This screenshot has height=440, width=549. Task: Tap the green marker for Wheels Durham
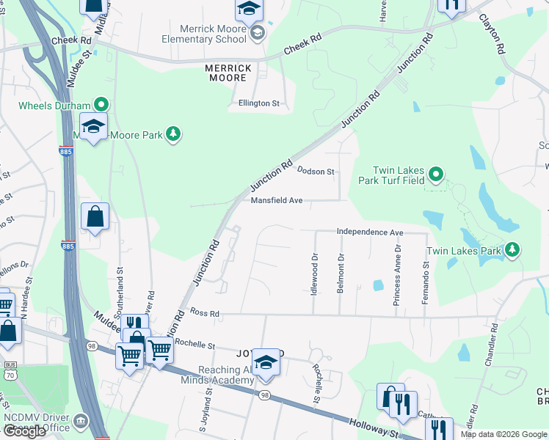click(x=101, y=105)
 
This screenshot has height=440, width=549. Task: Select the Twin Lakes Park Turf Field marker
click(x=435, y=174)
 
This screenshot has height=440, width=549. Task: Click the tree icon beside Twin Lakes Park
click(x=512, y=251)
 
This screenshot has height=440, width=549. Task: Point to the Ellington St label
click(x=259, y=103)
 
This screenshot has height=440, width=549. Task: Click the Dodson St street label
click(x=316, y=171)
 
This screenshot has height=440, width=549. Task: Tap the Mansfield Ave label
click(x=276, y=200)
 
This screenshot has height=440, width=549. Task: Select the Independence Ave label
click(x=370, y=232)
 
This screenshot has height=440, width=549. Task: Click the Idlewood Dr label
click(x=314, y=273)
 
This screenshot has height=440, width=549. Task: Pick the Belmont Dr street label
click(x=341, y=274)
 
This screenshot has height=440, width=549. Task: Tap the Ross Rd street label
click(x=205, y=312)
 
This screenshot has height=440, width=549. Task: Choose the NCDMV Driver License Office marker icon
click(x=80, y=421)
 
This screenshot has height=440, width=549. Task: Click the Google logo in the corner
click(x=24, y=431)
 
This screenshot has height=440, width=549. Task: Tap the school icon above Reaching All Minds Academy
click(x=266, y=363)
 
